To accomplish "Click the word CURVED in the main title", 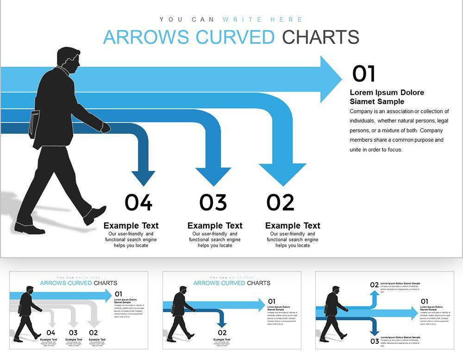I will click(x=235, y=37).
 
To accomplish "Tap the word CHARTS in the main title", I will click(x=321, y=37).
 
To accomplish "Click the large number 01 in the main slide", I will click(x=363, y=74).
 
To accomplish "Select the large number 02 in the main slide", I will click(x=281, y=203).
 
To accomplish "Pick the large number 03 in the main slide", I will click(x=213, y=203).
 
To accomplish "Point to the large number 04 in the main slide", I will click(x=138, y=203).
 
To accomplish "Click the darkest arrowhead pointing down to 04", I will click(x=143, y=178).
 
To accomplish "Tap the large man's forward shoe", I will click(x=95, y=214).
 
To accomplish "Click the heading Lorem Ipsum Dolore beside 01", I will click(x=387, y=93).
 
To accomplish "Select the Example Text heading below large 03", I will click(x=215, y=226).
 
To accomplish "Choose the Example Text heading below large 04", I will click(x=131, y=226).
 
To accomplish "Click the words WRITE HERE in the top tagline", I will click(x=263, y=19).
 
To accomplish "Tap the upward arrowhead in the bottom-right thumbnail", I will click(x=374, y=294).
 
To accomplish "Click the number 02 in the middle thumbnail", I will click(x=222, y=333).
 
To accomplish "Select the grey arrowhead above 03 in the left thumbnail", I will click(x=73, y=323).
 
